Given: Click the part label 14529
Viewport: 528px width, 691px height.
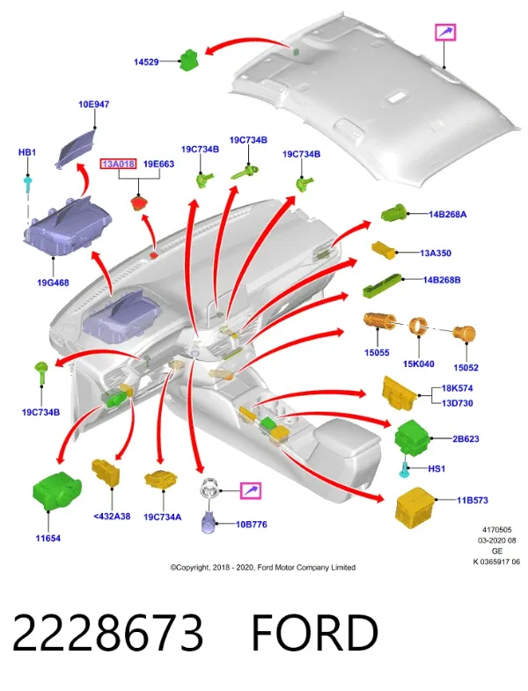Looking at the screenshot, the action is (x=146, y=62).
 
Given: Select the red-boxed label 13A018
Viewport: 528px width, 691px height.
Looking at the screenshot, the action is (x=118, y=164).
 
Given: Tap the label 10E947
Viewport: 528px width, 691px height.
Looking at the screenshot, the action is (x=93, y=105).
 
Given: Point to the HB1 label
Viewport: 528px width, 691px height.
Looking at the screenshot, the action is (x=27, y=152).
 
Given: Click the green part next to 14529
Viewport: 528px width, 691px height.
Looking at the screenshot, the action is (x=190, y=60).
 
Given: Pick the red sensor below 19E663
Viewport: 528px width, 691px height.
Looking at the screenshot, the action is (x=139, y=203).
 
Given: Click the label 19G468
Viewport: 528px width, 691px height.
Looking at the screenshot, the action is (x=53, y=283).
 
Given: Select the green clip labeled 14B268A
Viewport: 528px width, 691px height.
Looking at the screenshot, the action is (x=393, y=213).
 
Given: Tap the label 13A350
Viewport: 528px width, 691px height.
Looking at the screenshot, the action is (x=436, y=253).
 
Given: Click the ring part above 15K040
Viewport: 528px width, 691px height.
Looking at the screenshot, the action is (x=418, y=327).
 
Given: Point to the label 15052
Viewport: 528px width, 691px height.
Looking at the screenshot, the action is (x=466, y=368).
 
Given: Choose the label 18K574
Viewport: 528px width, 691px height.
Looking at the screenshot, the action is (x=458, y=388).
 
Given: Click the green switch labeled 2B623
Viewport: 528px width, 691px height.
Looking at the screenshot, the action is (x=413, y=437).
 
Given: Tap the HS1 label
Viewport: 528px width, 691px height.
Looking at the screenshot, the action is (x=436, y=468).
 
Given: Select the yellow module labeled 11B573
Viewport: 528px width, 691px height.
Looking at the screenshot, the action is (x=415, y=507).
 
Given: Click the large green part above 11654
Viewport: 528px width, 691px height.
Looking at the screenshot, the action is (x=57, y=491).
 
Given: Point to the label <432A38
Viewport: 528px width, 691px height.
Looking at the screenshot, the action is (x=112, y=516).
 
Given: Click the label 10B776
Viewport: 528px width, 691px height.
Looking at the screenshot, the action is (x=251, y=525).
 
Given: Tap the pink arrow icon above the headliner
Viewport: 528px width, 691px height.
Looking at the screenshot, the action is (x=445, y=33).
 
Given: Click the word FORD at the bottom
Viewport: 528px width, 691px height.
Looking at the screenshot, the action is (x=315, y=633).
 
